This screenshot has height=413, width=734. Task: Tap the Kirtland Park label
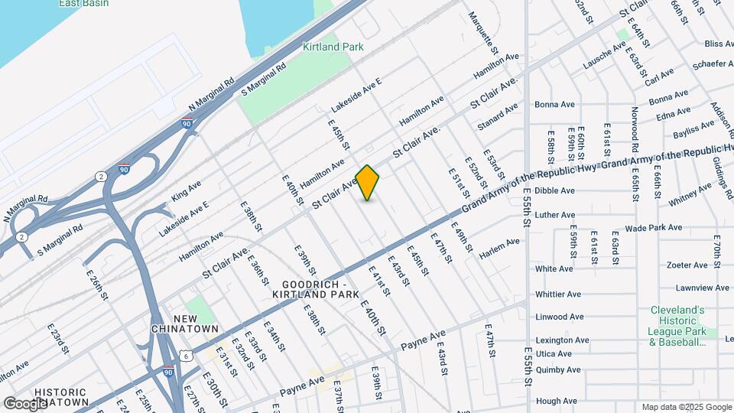333,47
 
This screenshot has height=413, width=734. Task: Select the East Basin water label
83,4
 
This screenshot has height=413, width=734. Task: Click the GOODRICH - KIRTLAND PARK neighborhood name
314,288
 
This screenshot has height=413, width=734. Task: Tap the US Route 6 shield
186,355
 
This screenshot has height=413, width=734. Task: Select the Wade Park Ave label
653,228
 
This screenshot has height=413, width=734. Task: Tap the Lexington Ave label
562,340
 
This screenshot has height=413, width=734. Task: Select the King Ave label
187,190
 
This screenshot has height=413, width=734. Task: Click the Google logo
26,402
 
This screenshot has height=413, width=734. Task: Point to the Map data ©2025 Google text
686,407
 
